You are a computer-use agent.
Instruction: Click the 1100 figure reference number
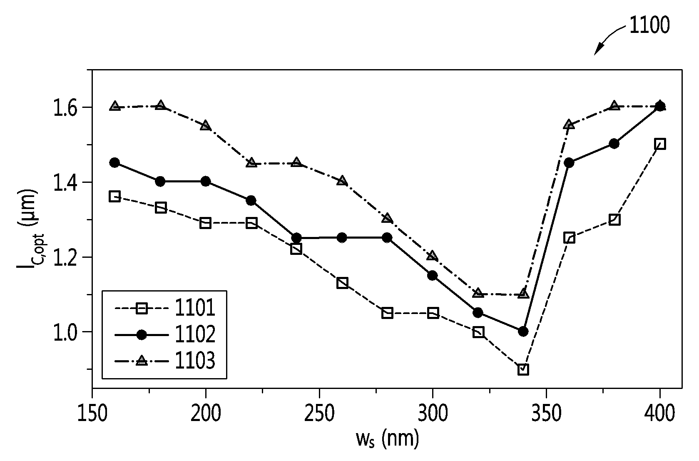coord(649,25)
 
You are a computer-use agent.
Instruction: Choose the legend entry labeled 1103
coord(165,361)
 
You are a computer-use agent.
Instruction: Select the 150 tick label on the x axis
coord(92,414)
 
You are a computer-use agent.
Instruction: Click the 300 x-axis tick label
coord(433,414)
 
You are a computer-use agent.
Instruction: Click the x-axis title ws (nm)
coord(387,439)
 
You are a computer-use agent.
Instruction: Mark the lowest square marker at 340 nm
coord(523,369)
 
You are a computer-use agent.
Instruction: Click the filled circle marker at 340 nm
coord(523,331)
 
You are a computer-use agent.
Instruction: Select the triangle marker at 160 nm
coord(115,106)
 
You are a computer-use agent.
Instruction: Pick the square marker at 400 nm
coord(660,144)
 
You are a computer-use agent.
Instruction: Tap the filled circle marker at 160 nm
coord(115,162)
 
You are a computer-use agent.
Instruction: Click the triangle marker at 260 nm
coord(342,181)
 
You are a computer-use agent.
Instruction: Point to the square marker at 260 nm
coord(342,283)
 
